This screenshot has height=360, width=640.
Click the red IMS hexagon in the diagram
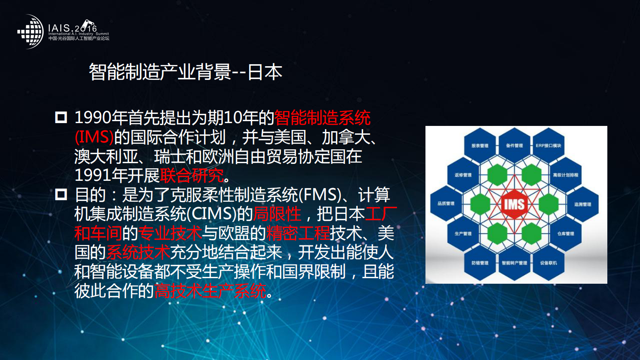[x=514, y=204]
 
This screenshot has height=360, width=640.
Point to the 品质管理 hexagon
[x=446, y=203]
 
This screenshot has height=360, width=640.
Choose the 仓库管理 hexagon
[x=565, y=233]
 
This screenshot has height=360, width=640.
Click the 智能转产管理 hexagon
[x=514, y=263]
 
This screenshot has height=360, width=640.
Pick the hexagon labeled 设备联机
[x=548, y=263]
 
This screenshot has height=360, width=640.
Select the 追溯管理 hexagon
[x=582, y=204]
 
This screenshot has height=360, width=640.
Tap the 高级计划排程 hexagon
[x=565, y=175]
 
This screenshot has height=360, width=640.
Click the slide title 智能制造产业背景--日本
[x=185, y=72]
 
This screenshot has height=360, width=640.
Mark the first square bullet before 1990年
[x=61, y=117]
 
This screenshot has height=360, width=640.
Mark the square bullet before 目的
[x=61, y=195]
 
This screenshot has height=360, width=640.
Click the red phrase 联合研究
[x=192, y=176]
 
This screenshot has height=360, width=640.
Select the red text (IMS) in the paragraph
[x=94, y=137]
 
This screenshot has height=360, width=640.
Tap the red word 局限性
[x=277, y=214]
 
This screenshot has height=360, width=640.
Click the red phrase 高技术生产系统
[x=210, y=291]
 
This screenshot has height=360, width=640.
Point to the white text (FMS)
[x=320, y=195]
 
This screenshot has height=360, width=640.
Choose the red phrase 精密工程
[x=298, y=233]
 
